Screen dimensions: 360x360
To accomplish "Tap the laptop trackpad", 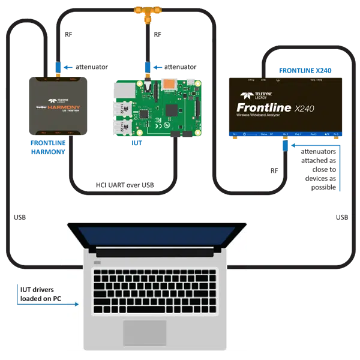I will [145, 332].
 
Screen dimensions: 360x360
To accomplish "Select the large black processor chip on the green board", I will [172, 110].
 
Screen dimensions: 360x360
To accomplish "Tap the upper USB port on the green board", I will [122, 108].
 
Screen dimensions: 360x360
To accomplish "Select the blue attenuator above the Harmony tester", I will [58, 66].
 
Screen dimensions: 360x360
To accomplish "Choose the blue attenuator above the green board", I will [147, 65].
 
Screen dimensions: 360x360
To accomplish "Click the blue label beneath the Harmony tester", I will [48, 148].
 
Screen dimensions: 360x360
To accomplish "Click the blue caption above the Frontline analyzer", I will [298, 71].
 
